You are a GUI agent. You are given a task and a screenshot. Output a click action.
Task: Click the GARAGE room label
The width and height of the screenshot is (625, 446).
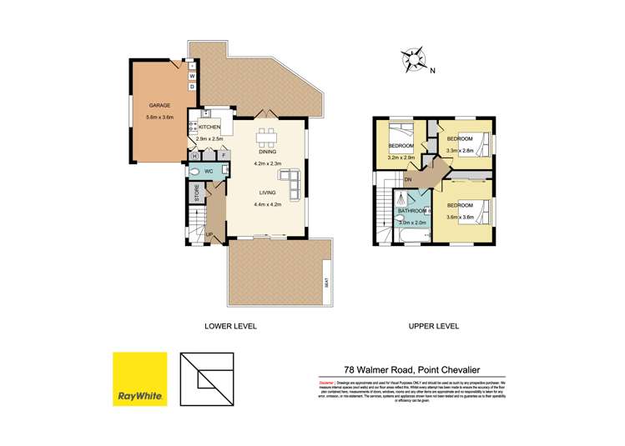coord(159,106)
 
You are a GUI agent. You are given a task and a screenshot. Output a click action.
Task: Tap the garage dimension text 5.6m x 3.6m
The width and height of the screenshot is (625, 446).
coord(159,118)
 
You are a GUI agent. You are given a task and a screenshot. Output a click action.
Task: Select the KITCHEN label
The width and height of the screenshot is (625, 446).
coord(209,127)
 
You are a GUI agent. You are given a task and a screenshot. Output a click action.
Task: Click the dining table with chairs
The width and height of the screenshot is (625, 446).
coord(267,137)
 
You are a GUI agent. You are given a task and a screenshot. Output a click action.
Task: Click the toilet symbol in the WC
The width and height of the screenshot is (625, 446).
coord(194,173)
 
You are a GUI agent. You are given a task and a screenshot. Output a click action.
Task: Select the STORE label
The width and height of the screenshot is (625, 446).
coord(197,193)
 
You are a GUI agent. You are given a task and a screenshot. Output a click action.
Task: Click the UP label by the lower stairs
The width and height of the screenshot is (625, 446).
coord(209,234)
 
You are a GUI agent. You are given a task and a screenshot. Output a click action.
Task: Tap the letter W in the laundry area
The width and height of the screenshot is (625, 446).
coord(192,76)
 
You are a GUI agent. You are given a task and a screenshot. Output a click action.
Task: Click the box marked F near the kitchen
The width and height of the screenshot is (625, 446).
coord(224,155)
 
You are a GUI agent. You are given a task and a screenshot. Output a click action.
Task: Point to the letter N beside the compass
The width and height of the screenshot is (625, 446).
coord(433,71)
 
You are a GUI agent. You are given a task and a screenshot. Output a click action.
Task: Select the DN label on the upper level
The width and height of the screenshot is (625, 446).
coord(410,179)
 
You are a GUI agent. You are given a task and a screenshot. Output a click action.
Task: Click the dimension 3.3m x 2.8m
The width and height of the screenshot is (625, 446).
coord(460,151)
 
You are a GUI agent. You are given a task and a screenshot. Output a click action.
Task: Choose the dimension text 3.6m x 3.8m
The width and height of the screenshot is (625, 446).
coord(460,217)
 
